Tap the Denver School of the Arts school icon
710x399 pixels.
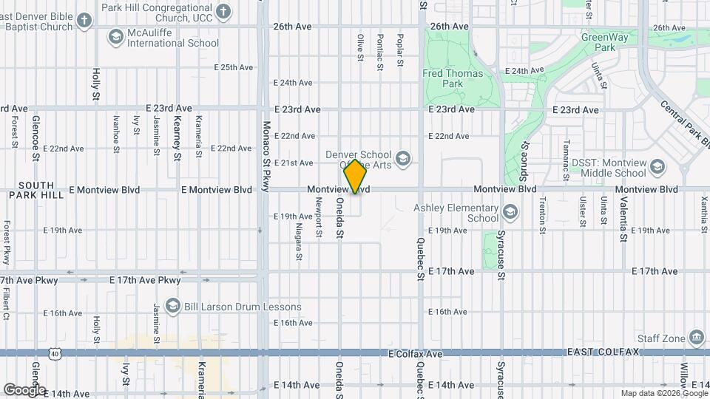pos(403,159)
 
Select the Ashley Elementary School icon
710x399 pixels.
pos(510,213)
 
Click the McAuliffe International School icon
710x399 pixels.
pos(115,37)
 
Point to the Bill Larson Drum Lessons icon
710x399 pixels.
pos(172,307)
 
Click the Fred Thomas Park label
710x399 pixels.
pos(453,78)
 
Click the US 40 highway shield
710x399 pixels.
pos(55,355)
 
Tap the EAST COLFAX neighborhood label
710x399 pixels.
pos(603,352)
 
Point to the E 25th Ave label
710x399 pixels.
pos(234,67)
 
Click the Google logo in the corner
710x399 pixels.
pos(24,389)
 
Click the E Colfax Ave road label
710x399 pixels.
pos(416,354)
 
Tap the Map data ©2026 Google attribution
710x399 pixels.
pos(663,393)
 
